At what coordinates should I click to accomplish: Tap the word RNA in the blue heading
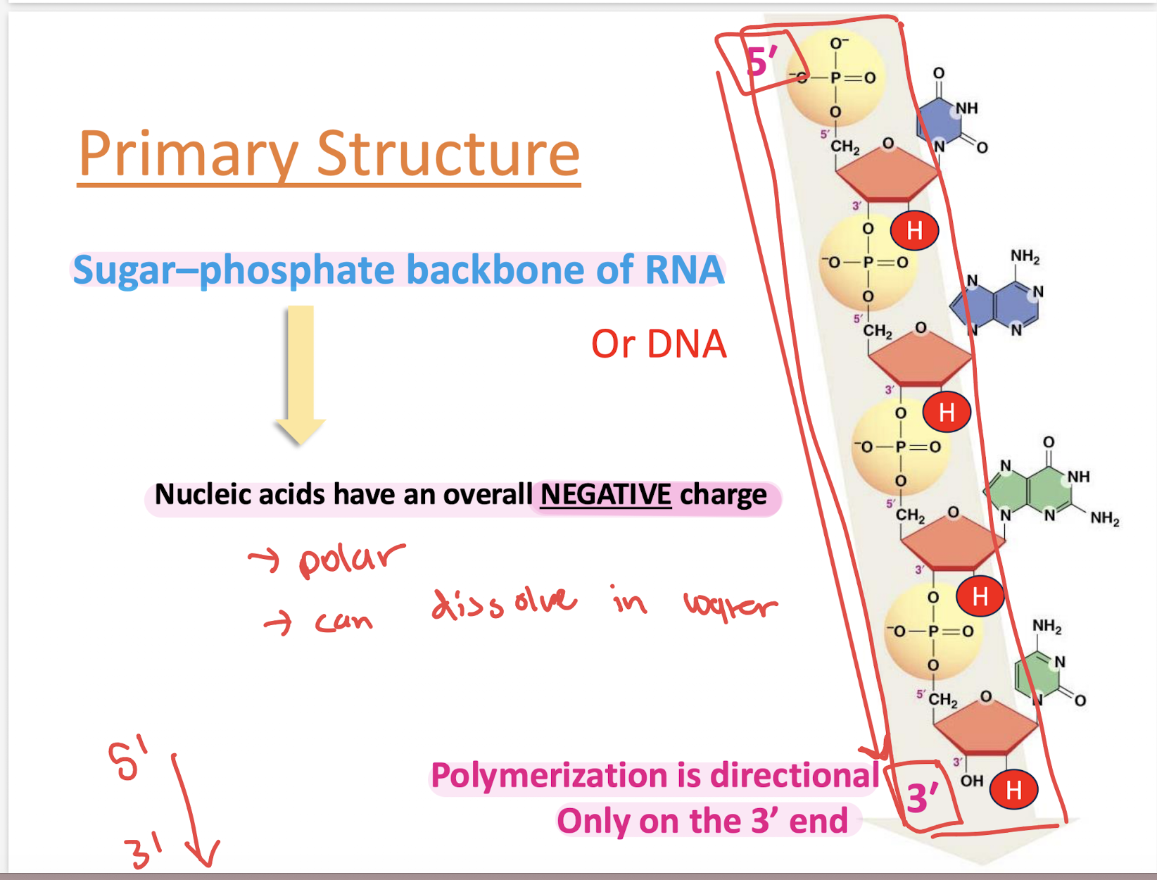pos(684,270)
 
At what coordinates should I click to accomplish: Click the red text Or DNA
pos(658,344)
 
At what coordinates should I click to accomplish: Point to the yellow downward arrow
pos(301,373)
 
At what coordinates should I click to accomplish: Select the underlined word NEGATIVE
pos(605,495)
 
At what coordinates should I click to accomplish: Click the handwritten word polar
pos(350,560)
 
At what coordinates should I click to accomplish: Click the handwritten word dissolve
pos(504,603)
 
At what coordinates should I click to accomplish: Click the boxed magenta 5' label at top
pos(761,62)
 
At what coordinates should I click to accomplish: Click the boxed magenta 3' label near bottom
pos(923,798)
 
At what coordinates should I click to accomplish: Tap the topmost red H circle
pos(914,230)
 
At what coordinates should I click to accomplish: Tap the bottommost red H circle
pos(1013,790)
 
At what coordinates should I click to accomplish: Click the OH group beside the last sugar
pos(971,781)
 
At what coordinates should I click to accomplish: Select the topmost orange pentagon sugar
pos(887,174)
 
